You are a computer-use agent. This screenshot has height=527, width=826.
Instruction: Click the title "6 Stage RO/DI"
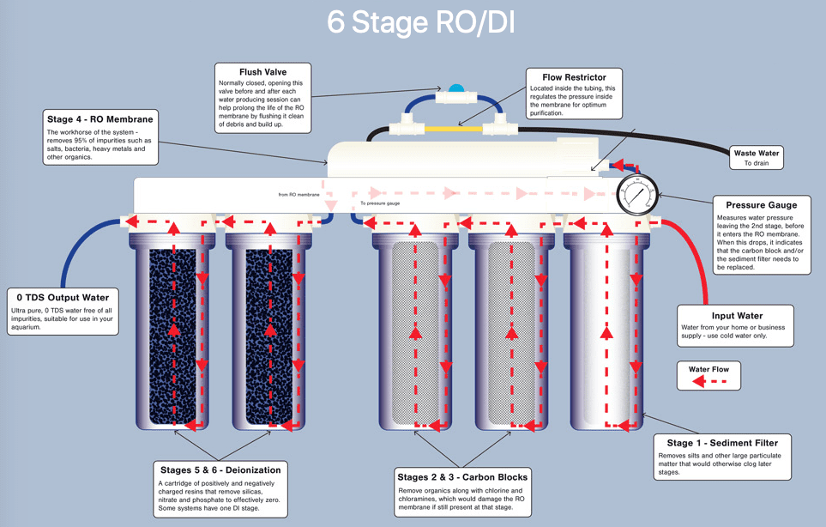point(420,22)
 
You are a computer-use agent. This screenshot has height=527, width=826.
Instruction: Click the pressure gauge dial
point(636,196)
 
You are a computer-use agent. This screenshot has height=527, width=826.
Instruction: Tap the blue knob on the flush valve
point(455,88)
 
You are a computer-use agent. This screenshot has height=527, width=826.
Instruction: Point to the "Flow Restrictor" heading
point(574,77)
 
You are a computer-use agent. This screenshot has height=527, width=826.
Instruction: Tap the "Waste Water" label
point(757,154)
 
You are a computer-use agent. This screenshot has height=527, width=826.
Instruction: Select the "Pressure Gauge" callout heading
point(762,205)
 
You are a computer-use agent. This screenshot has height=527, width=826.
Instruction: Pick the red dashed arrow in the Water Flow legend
point(708,384)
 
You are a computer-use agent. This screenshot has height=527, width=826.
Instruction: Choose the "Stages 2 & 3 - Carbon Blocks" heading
point(462,477)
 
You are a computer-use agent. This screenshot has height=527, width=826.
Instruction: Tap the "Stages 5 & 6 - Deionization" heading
point(220,469)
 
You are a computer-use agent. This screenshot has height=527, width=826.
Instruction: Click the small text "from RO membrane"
point(298,194)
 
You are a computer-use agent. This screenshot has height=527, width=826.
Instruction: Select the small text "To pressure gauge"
point(380,203)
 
